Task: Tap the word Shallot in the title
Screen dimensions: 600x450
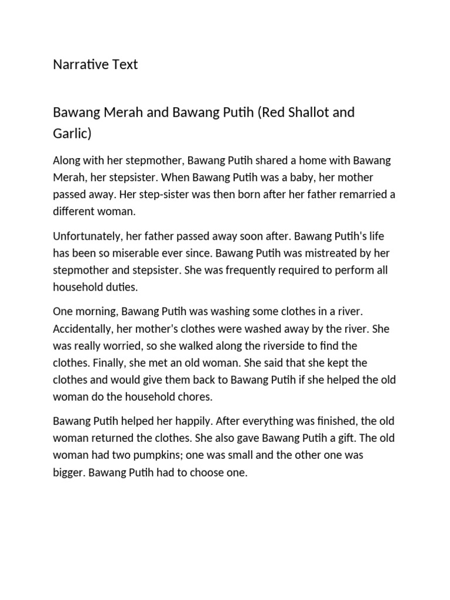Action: pos(305,112)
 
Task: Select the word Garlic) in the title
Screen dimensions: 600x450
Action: pos(72,134)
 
